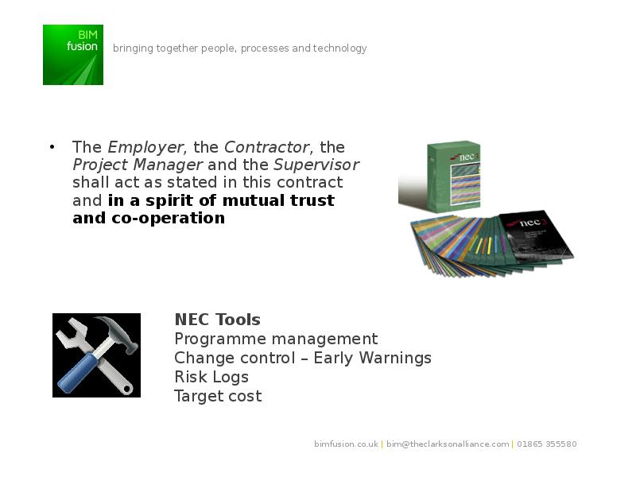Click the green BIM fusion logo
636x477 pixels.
click(73, 55)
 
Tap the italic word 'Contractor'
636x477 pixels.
click(267, 147)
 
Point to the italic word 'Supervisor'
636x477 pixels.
click(316, 165)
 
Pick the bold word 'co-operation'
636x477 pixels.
click(168, 218)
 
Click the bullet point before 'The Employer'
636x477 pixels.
click(52, 147)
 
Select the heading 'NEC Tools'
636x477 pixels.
click(217, 320)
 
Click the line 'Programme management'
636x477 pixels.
click(276, 339)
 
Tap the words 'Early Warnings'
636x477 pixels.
click(372, 359)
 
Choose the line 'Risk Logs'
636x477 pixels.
click(211, 377)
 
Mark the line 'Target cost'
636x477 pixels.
click(218, 396)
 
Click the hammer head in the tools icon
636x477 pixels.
click(118, 332)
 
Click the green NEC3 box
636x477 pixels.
click(454, 176)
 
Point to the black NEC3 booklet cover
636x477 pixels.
click(536, 235)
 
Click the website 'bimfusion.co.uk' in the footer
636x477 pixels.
click(346, 444)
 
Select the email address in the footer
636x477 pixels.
click(448, 444)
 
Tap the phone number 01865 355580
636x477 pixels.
click(546, 444)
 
